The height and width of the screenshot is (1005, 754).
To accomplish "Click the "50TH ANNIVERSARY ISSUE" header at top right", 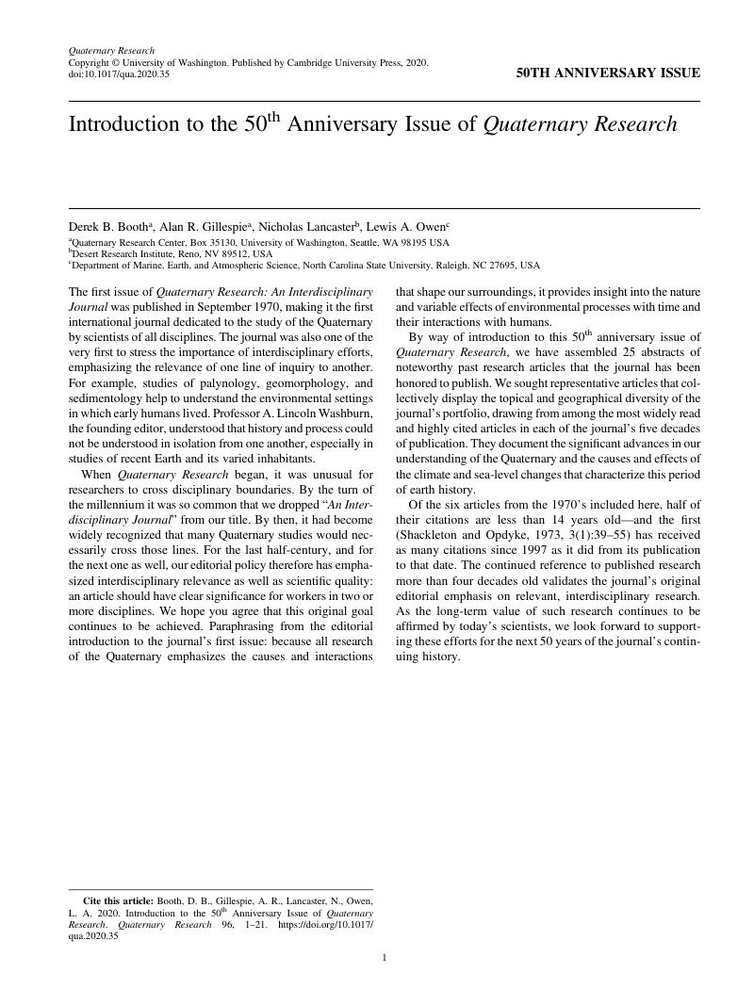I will [608, 73].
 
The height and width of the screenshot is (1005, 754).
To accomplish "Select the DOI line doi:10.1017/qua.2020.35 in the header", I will [119, 73].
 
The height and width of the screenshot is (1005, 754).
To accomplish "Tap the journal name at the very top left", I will [111, 50].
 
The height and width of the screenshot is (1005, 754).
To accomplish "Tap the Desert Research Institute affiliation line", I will [172, 253].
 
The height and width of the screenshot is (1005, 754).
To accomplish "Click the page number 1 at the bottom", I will [385, 958].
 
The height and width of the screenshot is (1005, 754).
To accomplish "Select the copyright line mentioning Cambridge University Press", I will [248, 62].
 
